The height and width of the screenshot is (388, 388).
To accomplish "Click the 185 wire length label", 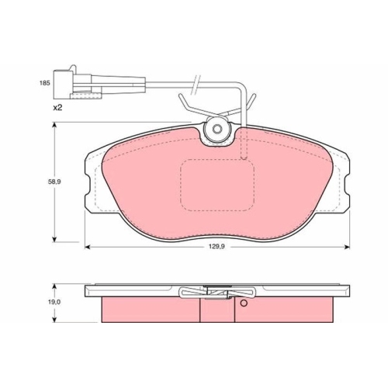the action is pyautogui.click(x=44, y=83).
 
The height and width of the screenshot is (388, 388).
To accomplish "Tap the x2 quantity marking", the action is pyautogui.click(x=57, y=108).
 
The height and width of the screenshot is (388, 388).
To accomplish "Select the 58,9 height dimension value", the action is pyautogui.click(x=54, y=182).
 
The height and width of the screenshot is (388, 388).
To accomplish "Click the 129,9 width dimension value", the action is pyautogui.click(x=217, y=247).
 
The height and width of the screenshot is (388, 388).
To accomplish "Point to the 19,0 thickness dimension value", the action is pyautogui.click(x=54, y=302).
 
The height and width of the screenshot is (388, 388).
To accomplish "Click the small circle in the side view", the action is pyautogui.click(x=244, y=303).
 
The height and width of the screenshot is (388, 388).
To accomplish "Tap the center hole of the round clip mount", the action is pyautogui.click(x=217, y=129).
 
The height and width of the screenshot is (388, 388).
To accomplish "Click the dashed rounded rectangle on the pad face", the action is pyautogui.click(x=217, y=185).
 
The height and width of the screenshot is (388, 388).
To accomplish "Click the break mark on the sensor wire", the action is pyautogui.click(x=196, y=85).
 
